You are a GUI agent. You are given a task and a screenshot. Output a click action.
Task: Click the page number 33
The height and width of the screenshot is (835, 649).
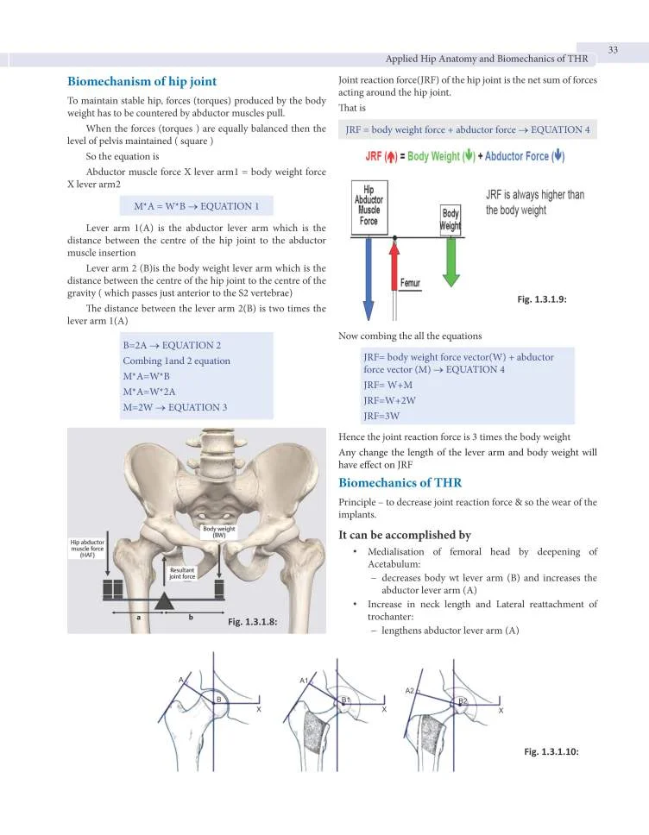tap(613, 49)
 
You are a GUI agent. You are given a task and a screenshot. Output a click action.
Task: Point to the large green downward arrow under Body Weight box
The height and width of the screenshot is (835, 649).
tap(451, 263)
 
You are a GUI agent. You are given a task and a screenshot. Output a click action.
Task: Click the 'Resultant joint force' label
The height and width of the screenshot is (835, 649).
tap(182, 574)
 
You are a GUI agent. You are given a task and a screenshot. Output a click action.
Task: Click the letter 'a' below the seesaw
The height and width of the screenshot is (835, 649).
tap(138, 618)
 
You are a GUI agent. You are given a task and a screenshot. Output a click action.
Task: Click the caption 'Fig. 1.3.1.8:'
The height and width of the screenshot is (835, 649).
tap(252, 622)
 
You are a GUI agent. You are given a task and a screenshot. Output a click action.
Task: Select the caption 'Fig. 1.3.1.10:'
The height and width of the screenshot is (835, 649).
tap(551, 751)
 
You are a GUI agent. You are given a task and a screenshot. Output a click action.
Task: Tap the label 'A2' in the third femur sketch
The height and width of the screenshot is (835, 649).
tap(411, 690)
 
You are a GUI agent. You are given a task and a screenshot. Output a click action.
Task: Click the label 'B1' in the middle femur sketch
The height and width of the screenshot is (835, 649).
tap(346, 700)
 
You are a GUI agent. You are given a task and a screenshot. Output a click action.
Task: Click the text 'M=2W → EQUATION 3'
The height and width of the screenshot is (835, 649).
tap(174, 407)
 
